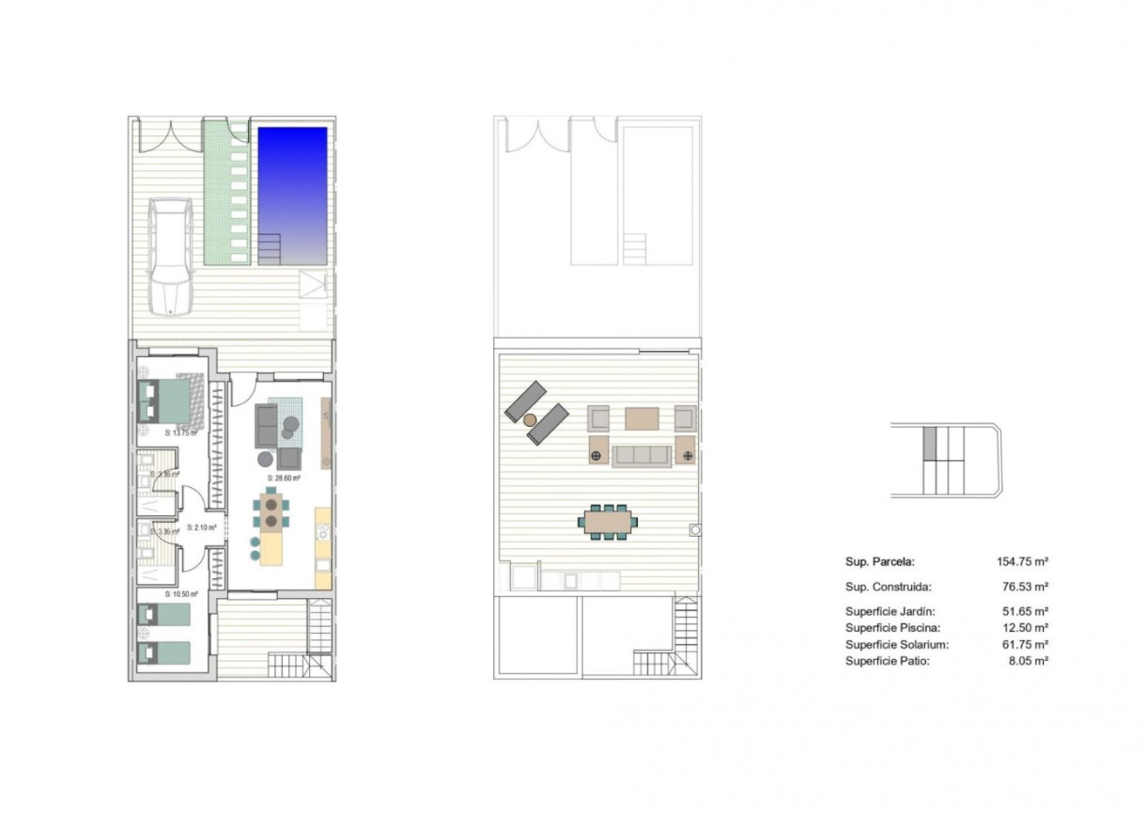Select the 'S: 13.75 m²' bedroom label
point(178,433)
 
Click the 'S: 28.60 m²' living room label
point(283,478)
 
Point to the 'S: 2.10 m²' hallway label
point(201,527)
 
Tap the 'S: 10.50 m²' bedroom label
point(178,594)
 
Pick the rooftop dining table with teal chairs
point(607,522)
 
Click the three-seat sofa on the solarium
point(642,456)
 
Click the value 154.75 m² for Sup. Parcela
point(1022,561)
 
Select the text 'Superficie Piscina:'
point(891,627)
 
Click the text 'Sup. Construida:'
point(888,586)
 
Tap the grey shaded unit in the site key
point(931,442)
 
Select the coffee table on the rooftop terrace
point(643,417)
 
